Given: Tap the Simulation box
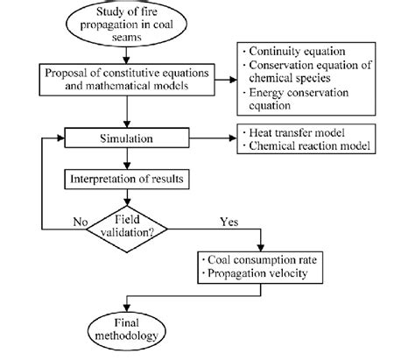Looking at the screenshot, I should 129,139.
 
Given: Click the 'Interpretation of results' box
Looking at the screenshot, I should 129,180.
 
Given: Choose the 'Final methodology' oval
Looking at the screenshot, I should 129,329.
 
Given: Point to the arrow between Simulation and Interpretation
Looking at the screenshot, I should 129,159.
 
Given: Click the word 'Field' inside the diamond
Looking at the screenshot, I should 129,215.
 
